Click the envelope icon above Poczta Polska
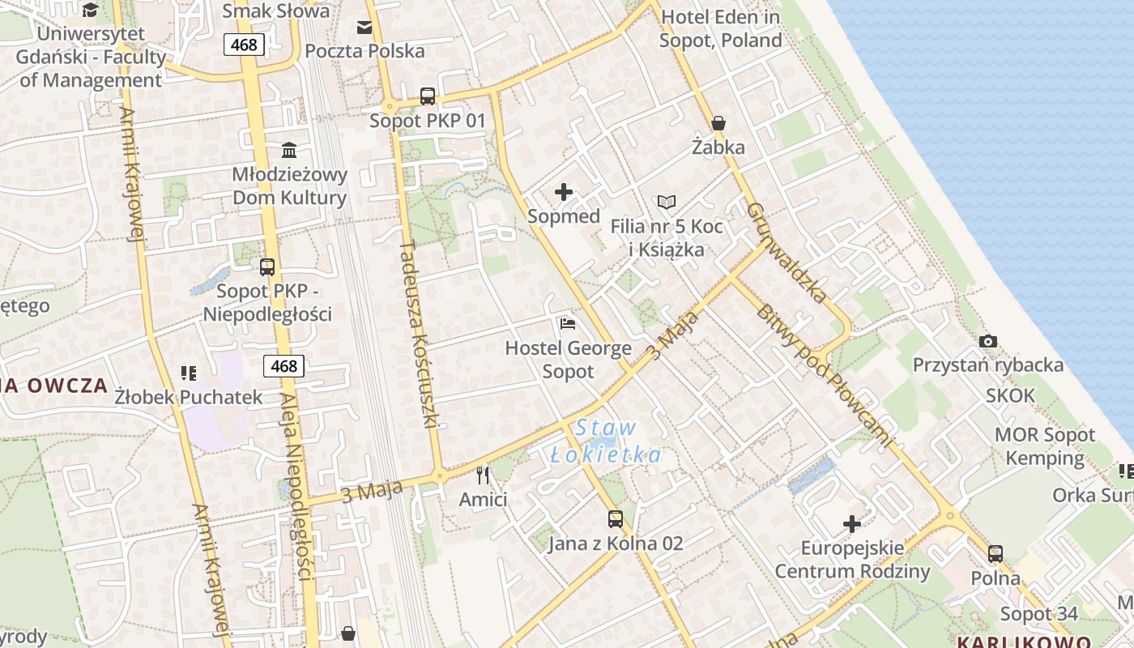pos(364,28)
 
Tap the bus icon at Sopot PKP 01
pos(428,96)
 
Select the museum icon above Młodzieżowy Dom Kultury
pos(289,150)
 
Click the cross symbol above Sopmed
pos(564,192)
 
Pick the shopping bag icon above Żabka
pos(718,123)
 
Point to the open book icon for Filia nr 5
pos(667,202)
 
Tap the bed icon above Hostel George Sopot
pos(568,324)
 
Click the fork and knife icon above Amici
pos(483,475)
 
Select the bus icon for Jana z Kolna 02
pos(616,518)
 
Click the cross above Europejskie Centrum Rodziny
pos(852,524)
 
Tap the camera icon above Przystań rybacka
pos(987,341)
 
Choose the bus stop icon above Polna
pos(995,554)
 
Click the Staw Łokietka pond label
pos(606,441)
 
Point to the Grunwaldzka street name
pos(787,252)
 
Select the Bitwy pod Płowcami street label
pos(826,375)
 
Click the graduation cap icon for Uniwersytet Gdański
pos(90,11)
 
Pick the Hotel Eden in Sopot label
pos(720,28)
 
